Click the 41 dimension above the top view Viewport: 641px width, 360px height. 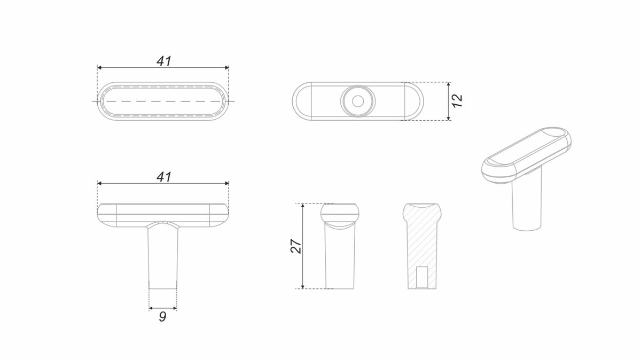(164, 61)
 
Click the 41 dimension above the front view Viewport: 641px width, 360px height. (164, 177)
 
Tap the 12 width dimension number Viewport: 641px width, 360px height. (457, 101)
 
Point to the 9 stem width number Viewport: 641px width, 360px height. (162, 317)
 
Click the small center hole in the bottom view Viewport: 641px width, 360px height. (357, 100)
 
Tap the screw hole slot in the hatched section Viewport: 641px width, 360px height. (422, 276)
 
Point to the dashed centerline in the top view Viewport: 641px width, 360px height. (163, 101)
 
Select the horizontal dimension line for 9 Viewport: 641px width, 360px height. (162, 308)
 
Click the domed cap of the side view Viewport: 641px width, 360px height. (340, 212)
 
